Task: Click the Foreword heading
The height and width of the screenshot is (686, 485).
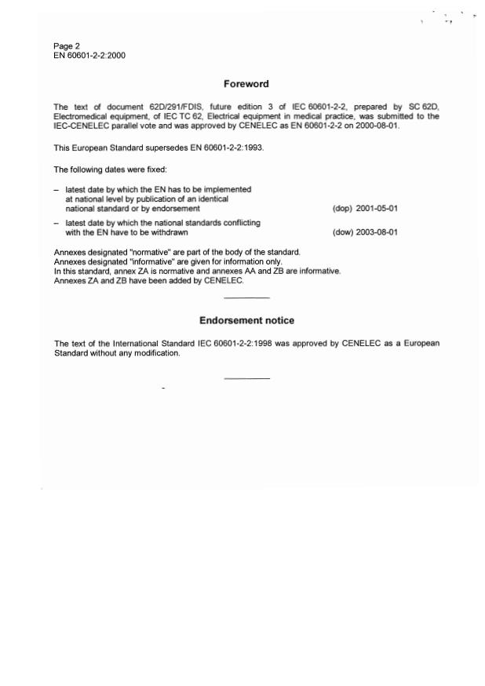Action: [246, 84]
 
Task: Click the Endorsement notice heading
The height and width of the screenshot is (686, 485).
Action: [246, 320]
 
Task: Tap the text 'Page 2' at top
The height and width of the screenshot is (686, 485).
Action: [67, 46]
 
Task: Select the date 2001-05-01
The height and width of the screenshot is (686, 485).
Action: [377, 209]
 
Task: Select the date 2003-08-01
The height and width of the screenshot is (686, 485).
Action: [377, 232]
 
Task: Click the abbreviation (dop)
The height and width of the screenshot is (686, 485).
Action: [343, 209]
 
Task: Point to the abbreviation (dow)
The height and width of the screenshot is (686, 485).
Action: [343, 232]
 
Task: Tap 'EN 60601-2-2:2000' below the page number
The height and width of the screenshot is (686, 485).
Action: [89, 55]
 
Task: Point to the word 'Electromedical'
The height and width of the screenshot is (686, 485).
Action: [79, 116]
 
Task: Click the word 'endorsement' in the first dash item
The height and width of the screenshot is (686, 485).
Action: [179, 209]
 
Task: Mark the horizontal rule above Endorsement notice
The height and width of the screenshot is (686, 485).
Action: [246, 297]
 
